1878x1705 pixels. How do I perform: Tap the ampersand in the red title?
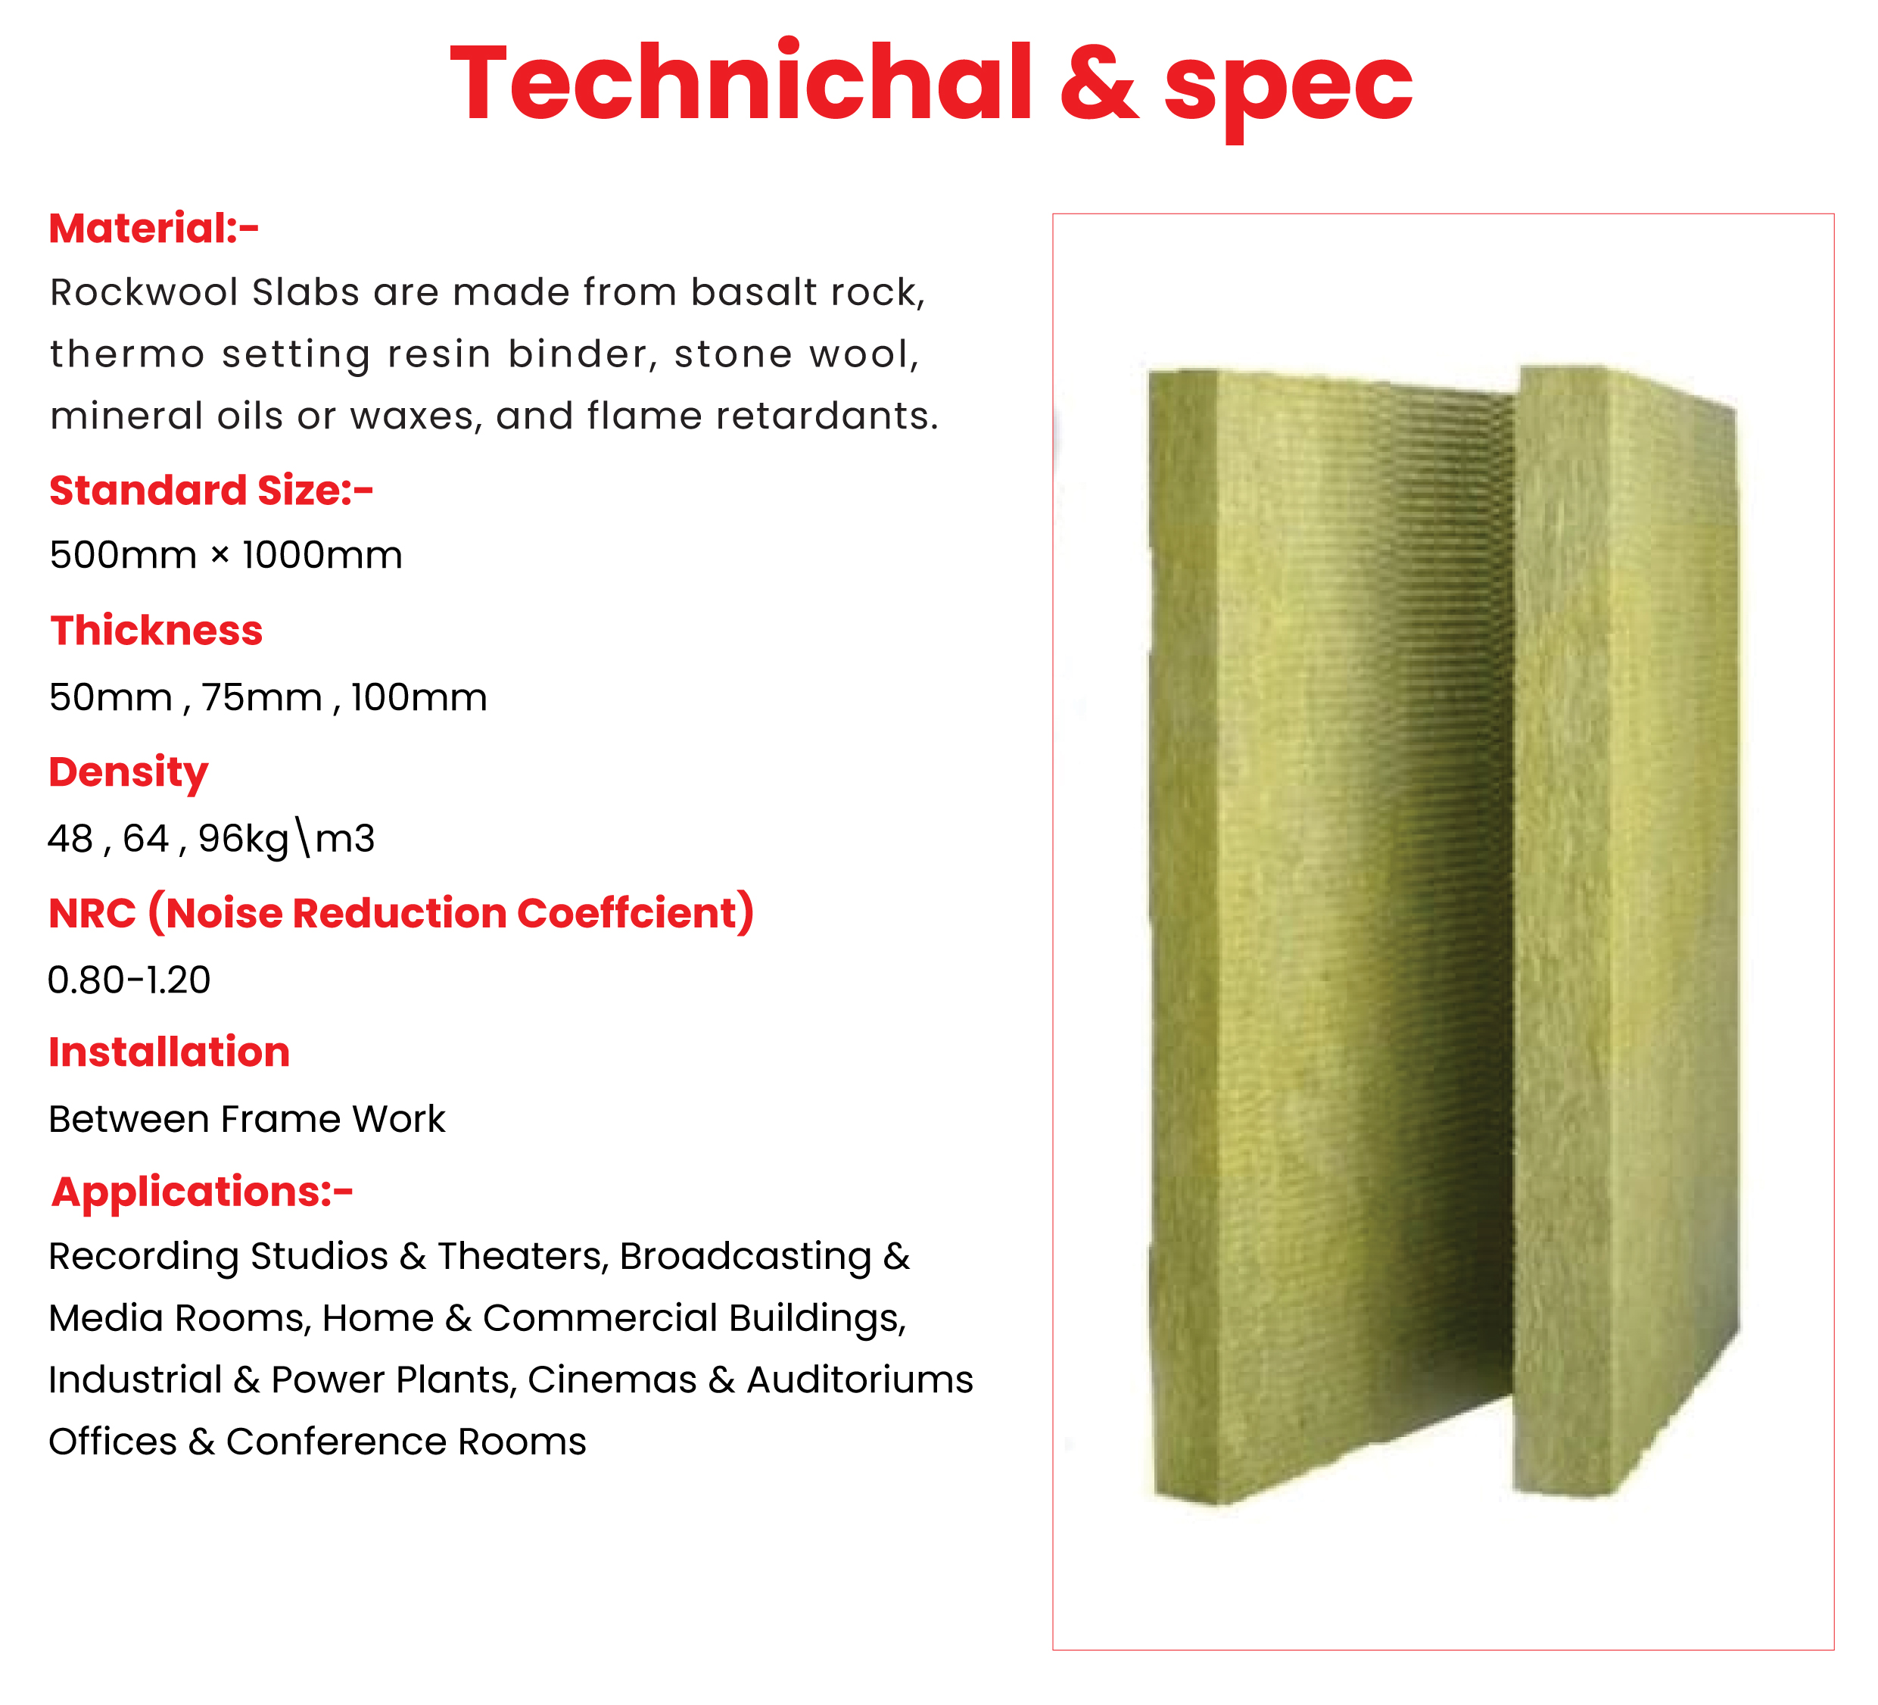click(1099, 84)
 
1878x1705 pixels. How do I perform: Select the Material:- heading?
click(154, 228)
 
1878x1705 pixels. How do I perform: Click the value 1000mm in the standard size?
click(322, 555)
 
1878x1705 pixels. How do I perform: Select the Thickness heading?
click(157, 631)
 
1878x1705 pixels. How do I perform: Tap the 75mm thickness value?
click(262, 698)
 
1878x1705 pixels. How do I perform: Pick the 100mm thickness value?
click(419, 698)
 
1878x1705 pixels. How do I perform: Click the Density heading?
click(129, 773)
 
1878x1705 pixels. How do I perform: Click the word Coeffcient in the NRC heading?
click(627, 913)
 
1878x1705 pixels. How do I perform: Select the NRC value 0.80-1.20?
click(129, 980)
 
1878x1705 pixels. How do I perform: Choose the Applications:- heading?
click(202, 1192)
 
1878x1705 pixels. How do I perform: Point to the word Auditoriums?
click(860, 1380)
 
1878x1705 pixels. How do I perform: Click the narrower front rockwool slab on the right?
click(1625, 932)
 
